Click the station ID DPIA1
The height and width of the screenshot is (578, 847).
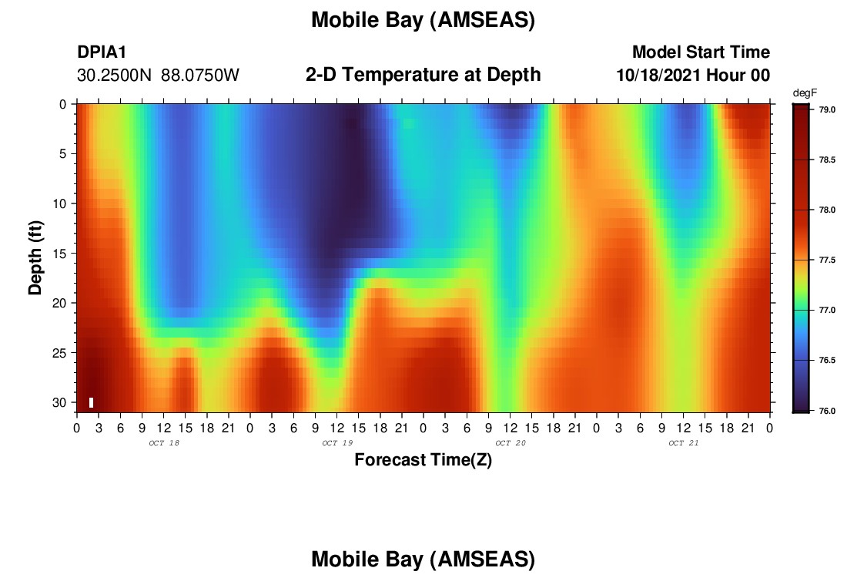point(102,52)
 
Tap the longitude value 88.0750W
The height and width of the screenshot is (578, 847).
point(200,76)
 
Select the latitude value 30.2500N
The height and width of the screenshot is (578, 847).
point(114,76)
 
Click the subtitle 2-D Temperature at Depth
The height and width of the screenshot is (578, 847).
point(423,75)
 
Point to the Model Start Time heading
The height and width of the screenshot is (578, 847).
point(701,52)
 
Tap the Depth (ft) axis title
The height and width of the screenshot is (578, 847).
point(35,258)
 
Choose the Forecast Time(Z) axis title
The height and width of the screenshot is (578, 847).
point(423,460)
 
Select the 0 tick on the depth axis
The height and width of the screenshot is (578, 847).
point(63,104)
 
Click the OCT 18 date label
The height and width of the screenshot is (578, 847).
point(164,443)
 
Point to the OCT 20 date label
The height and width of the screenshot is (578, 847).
point(511,443)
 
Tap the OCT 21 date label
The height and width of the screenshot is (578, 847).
point(683,443)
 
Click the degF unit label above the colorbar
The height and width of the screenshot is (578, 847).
point(805,93)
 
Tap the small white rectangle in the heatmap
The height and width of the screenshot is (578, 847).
point(92,403)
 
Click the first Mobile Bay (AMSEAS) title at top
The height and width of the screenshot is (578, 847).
point(423,21)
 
